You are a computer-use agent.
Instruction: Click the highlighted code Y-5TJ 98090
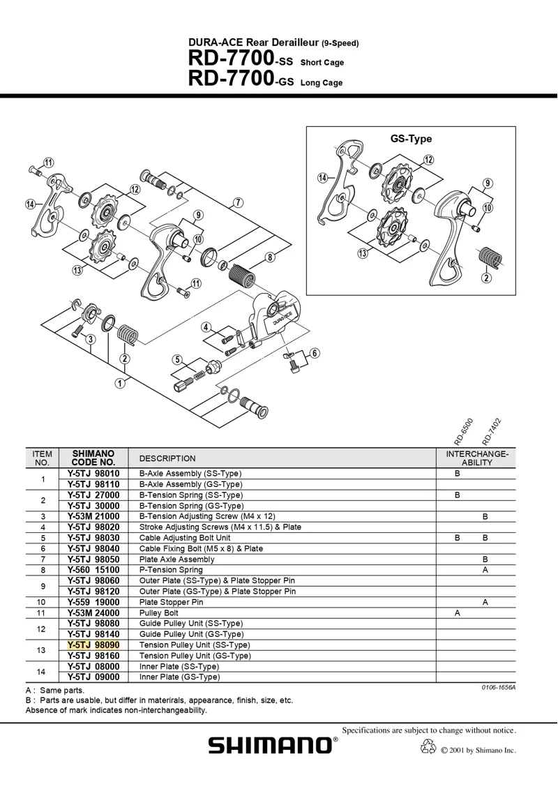tap(93, 645)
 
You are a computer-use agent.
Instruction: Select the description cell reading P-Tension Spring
tap(173, 570)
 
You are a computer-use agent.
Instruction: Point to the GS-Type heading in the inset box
tap(411, 139)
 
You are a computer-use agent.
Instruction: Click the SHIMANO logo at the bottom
tap(273, 745)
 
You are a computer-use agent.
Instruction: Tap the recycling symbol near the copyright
tap(428, 748)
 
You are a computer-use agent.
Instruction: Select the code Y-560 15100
tap(93, 570)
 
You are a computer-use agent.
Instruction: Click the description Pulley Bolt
tap(160, 613)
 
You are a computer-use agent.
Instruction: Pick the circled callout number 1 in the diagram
tap(120, 382)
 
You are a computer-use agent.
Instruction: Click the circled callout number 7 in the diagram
tap(239, 203)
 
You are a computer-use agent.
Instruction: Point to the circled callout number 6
tap(315, 353)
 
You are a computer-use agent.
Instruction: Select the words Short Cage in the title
tap(322, 63)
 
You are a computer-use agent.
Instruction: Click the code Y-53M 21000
tap(93, 516)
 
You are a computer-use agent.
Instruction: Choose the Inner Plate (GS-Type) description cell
tap(179, 677)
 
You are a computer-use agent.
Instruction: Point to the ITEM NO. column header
tap(42, 458)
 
